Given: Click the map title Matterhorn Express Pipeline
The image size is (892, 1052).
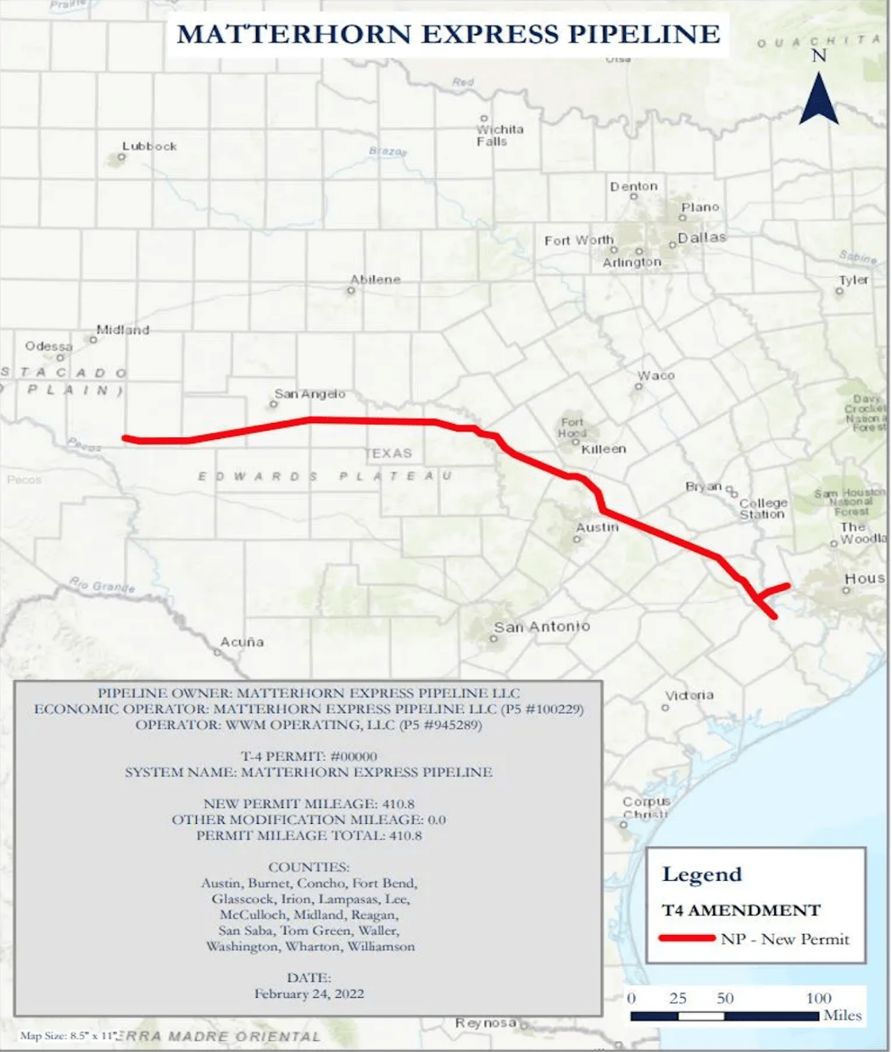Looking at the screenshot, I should pos(449,34).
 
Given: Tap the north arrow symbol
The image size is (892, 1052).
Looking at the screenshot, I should pos(818,97).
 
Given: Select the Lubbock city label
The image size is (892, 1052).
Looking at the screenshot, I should pos(149,146).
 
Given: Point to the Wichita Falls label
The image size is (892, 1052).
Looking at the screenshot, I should pos(499,135).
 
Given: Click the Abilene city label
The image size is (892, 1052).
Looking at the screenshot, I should pos(375,279).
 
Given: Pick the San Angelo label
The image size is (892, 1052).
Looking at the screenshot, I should pos(309,394).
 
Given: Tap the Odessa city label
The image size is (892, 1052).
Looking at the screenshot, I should pos(48,346).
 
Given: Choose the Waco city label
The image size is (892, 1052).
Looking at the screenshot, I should pos(656,376).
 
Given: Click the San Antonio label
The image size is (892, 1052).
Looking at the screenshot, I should pos(542,626).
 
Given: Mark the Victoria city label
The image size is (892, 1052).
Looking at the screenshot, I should pos(689,695).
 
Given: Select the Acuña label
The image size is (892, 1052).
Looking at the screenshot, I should pos(242,642).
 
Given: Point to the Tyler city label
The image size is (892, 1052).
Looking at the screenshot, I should pos(853,280).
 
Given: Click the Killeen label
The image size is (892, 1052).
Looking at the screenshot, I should pos(604,448).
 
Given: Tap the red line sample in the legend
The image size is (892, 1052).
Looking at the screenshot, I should pos(687,938).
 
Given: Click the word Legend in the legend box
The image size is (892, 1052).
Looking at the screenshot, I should pos(701,874).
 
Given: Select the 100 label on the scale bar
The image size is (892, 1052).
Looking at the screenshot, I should pos(818,998).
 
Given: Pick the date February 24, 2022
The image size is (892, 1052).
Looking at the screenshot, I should pos(309,994).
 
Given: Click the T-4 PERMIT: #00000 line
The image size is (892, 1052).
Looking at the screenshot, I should pos(309,756).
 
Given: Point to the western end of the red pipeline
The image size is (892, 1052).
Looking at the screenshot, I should pos(125,438).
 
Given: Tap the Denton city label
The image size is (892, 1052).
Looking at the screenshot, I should pos(633,186).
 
